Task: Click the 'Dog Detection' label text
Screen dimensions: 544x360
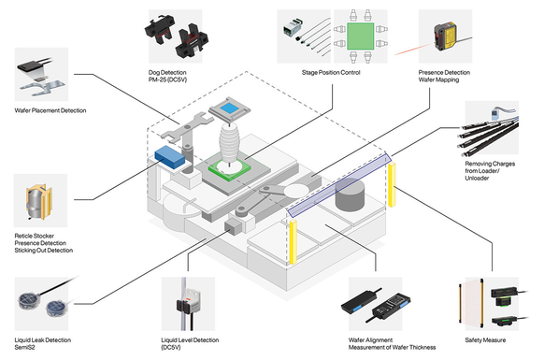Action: [167, 73]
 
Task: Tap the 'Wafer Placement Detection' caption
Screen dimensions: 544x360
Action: [50, 110]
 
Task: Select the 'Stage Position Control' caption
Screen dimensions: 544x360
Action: [331, 73]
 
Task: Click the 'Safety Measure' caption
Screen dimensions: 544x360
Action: [485, 340]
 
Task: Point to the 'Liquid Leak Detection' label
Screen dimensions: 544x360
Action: [43, 340]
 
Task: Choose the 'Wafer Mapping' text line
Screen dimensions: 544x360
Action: [438, 79]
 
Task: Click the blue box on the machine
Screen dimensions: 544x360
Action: [170, 157]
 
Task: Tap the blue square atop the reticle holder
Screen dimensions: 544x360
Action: [229, 108]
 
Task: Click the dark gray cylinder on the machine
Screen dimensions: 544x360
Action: [350, 194]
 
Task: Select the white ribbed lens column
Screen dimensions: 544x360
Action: [229, 143]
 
